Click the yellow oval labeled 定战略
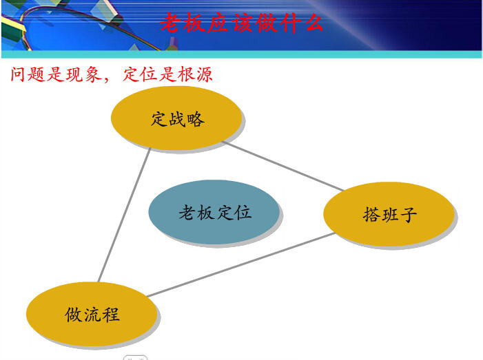176,118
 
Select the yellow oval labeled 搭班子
389,214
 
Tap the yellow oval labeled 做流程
92,314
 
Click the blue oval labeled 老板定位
214,212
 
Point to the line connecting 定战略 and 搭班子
283,167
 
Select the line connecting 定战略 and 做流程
124,215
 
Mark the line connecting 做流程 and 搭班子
241,265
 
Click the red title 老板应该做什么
241,23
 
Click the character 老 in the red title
170,23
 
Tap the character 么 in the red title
314,23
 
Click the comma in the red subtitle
107,80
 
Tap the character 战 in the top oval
177,119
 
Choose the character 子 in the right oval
408,214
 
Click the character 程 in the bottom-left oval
110,314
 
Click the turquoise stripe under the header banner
241,54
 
